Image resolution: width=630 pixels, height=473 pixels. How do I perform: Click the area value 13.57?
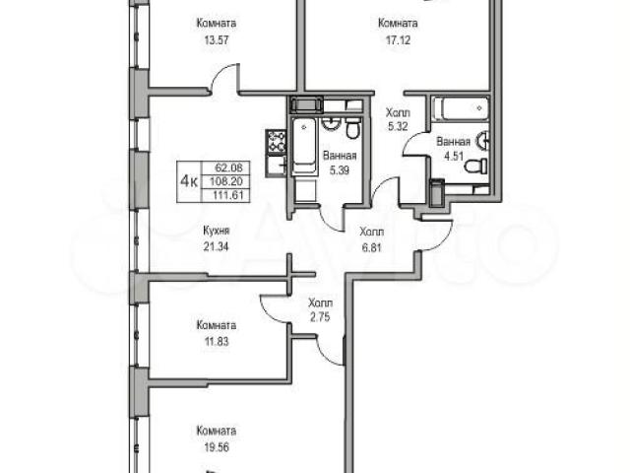tap(217, 40)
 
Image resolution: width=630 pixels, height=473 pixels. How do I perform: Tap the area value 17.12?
tap(398, 40)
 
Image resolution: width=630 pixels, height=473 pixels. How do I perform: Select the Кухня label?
tap(217, 231)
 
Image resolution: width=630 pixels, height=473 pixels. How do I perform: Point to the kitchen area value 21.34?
tap(217, 246)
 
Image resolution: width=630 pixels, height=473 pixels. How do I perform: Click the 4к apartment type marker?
tap(189, 181)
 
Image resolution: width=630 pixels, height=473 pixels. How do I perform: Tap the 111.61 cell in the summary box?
tap(229, 196)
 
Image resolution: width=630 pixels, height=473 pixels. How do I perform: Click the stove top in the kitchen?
tap(276, 142)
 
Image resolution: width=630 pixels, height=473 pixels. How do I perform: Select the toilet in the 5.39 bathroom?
tap(353, 127)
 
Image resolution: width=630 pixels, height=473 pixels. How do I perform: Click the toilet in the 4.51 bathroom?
tap(476, 166)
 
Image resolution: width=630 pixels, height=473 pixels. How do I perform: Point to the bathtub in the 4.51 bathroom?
tap(461, 108)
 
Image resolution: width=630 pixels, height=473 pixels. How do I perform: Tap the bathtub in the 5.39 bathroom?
tap(304, 147)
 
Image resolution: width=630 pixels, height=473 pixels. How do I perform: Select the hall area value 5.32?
tap(398, 127)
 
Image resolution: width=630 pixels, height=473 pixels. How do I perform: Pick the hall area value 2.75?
tap(320, 317)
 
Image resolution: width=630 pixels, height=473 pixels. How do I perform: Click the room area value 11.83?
tap(217, 342)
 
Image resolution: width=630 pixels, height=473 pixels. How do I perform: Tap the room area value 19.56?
tap(217, 447)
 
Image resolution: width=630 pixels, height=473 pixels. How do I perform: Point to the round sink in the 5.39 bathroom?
tap(332, 124)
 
